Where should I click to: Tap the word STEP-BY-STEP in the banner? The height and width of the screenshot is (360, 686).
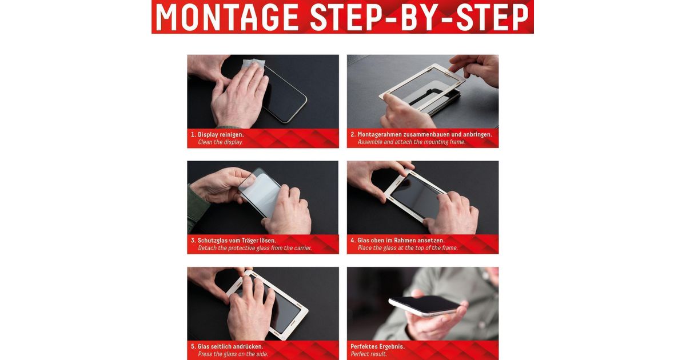(420, 17)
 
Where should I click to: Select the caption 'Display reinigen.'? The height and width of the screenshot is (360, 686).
(221, 134)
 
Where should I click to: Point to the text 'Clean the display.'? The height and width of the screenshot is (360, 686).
(220, 142)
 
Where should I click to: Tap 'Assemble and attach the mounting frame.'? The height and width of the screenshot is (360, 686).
(411, 142)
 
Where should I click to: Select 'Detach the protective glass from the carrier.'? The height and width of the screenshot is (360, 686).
(254, 248)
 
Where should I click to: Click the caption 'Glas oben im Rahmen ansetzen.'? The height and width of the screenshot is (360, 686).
(401, 241)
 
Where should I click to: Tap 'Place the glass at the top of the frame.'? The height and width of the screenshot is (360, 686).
(408, 248)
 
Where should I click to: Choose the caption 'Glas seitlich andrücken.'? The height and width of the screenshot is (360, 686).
(230, 346)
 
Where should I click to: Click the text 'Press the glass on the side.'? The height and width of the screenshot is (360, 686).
(233, 354)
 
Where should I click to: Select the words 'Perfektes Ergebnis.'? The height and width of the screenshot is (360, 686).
(378, 346)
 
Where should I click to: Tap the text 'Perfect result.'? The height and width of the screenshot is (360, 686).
(368, 354)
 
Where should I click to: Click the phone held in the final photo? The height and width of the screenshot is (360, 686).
(424, 305)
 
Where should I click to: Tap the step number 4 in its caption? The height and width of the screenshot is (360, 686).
(352, 241)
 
